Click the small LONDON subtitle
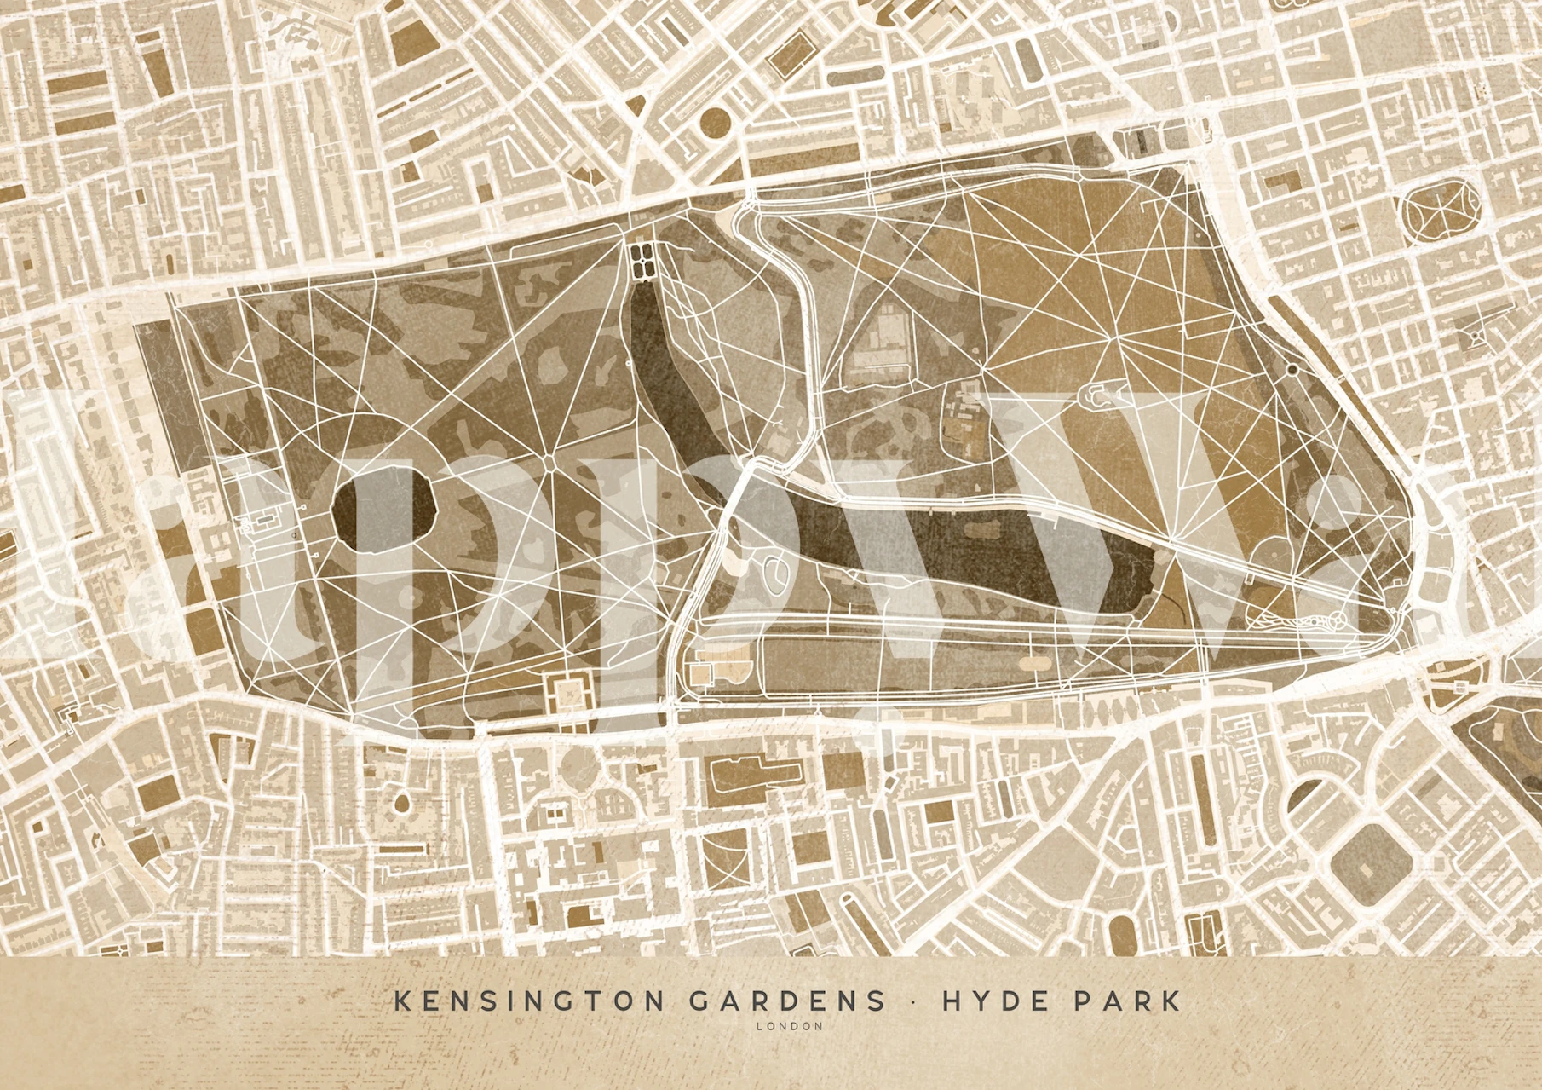789,1026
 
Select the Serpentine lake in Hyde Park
980,545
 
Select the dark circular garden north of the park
712,123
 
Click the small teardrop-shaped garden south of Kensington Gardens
401,802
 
